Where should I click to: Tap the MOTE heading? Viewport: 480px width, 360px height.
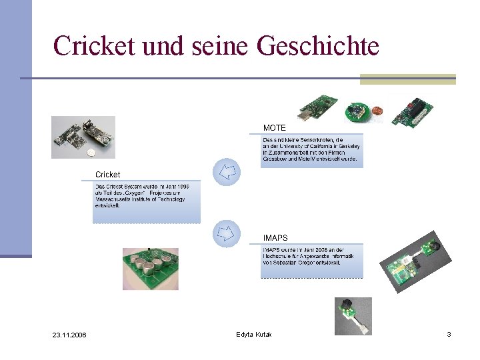click(x=274, y=127)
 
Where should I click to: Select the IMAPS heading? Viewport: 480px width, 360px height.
click(x=275, y=238)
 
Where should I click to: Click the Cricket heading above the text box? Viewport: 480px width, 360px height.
click(x=108, y=175)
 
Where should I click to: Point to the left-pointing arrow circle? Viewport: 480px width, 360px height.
click(x=226, y=172)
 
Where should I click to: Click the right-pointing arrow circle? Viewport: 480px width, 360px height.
click(x=226, y=233)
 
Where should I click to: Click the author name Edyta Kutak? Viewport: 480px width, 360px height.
click(x=253, y=333)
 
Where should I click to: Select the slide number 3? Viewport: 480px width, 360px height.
click(x=449, y=333)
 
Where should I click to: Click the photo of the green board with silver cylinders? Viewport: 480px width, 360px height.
click(x=150, y=269)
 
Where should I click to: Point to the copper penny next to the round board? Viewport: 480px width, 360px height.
click(x=377, y=111)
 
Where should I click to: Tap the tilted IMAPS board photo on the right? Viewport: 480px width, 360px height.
click(x=411, y=263)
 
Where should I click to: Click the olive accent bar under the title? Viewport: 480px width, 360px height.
click(x=407, y=79)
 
